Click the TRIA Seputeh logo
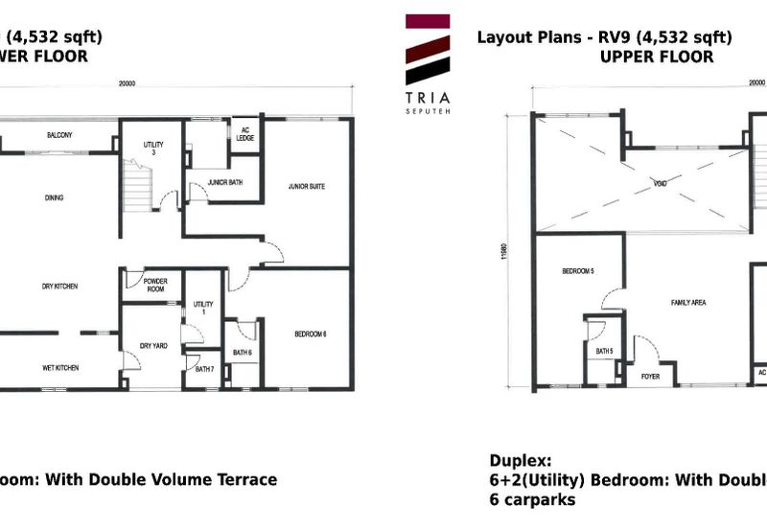(428, 61)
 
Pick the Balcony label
(59, 135)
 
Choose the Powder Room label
(155, 285)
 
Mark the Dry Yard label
(153, 345)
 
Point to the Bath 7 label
(202, 370)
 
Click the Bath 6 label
(243, 354)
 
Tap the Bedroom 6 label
(311, 333)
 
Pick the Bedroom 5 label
(578, 272)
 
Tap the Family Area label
(687, 302)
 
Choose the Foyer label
(650, 377)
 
